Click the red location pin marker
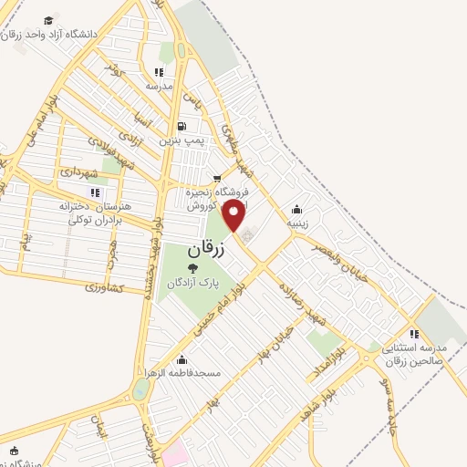(234, 215)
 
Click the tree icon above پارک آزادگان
(192, 267)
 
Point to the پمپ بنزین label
(179, 141)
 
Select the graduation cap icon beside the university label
(47, 19)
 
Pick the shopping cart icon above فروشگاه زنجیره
(216, 178)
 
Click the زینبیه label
(297, 222)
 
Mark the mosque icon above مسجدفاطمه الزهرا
(183, 358)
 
